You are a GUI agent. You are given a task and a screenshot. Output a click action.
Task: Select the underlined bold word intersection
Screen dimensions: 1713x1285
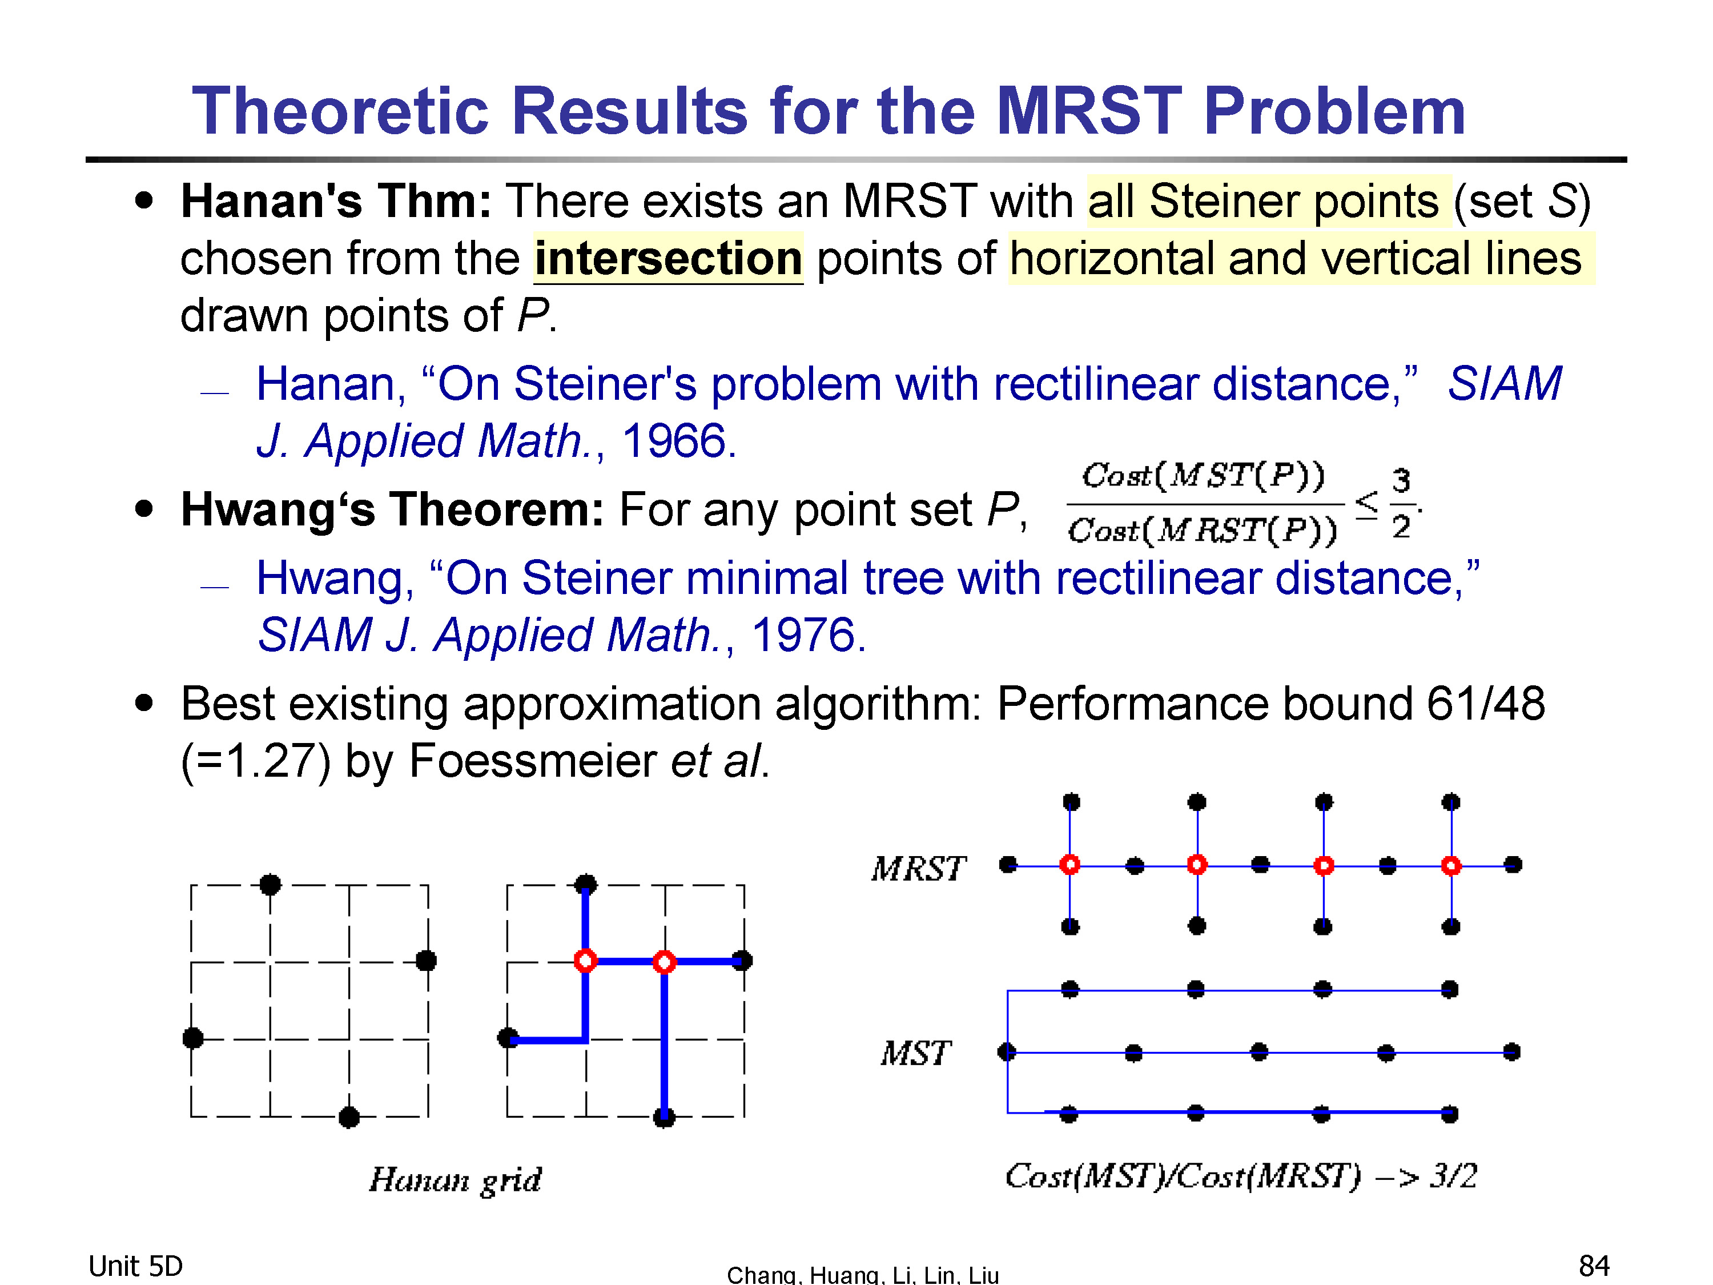668,258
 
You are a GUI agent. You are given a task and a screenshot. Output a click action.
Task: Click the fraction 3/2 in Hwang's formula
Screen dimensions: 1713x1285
1401,504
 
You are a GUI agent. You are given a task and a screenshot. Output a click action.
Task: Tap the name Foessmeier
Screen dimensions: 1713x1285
532,761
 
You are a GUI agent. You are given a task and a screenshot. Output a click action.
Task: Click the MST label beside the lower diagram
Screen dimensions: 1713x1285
915,1053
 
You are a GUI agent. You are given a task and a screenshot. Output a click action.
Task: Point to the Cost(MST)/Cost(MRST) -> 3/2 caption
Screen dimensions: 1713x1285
1241,1176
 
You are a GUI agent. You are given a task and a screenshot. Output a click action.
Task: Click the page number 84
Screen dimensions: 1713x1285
1594,1266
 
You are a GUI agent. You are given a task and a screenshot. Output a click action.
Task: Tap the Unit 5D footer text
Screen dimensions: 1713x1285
135,1266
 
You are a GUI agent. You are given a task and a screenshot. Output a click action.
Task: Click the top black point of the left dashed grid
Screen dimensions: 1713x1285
270,884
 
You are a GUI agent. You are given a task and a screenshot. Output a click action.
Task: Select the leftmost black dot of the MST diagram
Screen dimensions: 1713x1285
1007,1051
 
